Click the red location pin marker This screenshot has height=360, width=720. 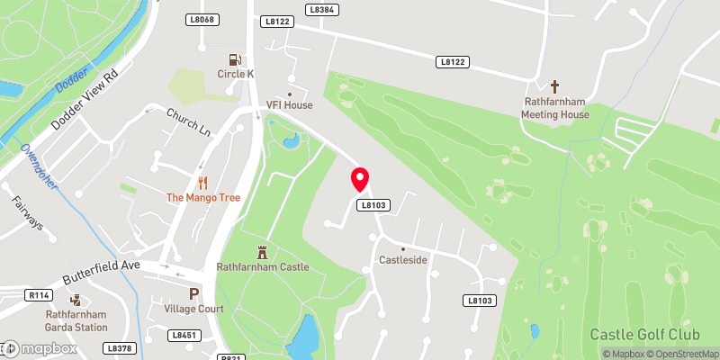360,179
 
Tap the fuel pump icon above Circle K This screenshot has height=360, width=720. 235,59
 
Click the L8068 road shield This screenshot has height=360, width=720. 202,19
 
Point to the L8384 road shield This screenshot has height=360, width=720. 320,9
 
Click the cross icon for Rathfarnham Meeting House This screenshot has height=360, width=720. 555,87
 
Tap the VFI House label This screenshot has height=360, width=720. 289,105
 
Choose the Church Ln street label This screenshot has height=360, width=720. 188,122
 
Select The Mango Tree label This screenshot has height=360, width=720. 203,197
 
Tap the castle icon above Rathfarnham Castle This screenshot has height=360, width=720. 263,251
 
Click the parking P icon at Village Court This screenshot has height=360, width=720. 193,293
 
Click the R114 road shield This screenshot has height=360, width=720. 38,294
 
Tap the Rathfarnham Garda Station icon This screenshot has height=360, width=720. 75,301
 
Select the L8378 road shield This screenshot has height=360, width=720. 118,347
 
